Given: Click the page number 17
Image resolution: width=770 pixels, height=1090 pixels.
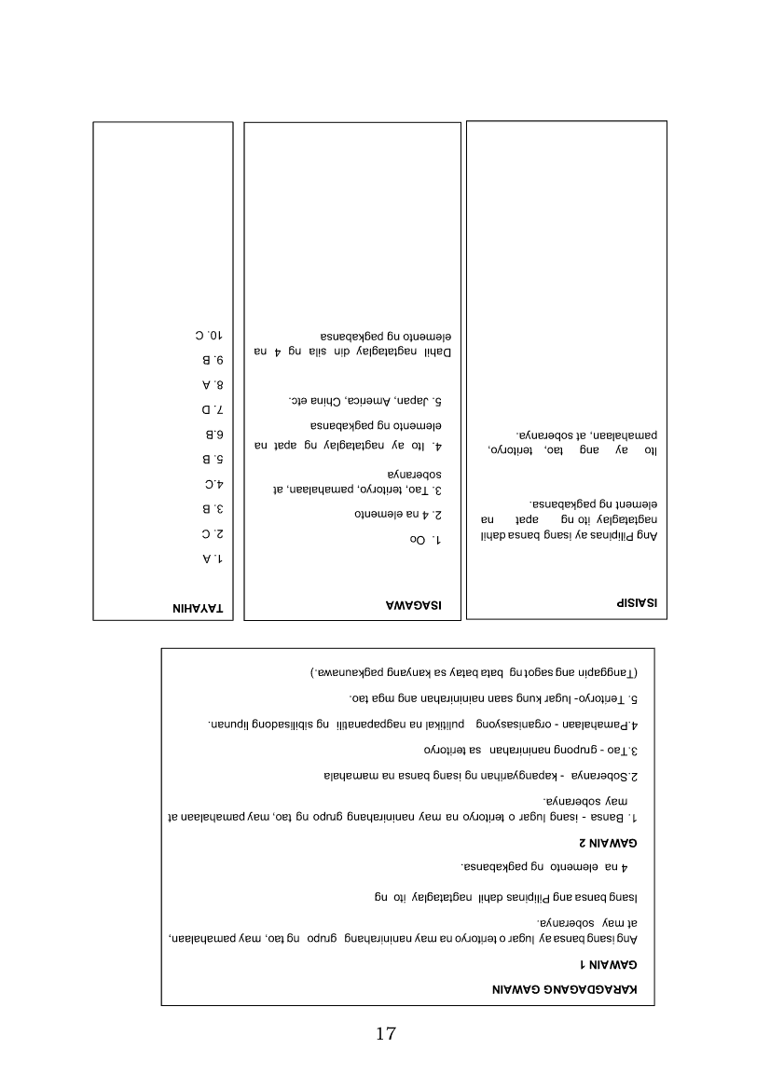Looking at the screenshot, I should (386, 1034).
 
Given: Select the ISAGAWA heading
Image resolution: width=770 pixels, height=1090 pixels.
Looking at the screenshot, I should (415, 606).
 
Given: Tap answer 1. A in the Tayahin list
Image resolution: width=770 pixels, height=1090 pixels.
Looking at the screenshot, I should (210, 559).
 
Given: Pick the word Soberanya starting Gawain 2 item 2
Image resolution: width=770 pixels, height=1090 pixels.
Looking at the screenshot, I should (616, 776).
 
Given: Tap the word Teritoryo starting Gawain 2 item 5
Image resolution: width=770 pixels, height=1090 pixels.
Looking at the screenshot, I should (610, 697).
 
